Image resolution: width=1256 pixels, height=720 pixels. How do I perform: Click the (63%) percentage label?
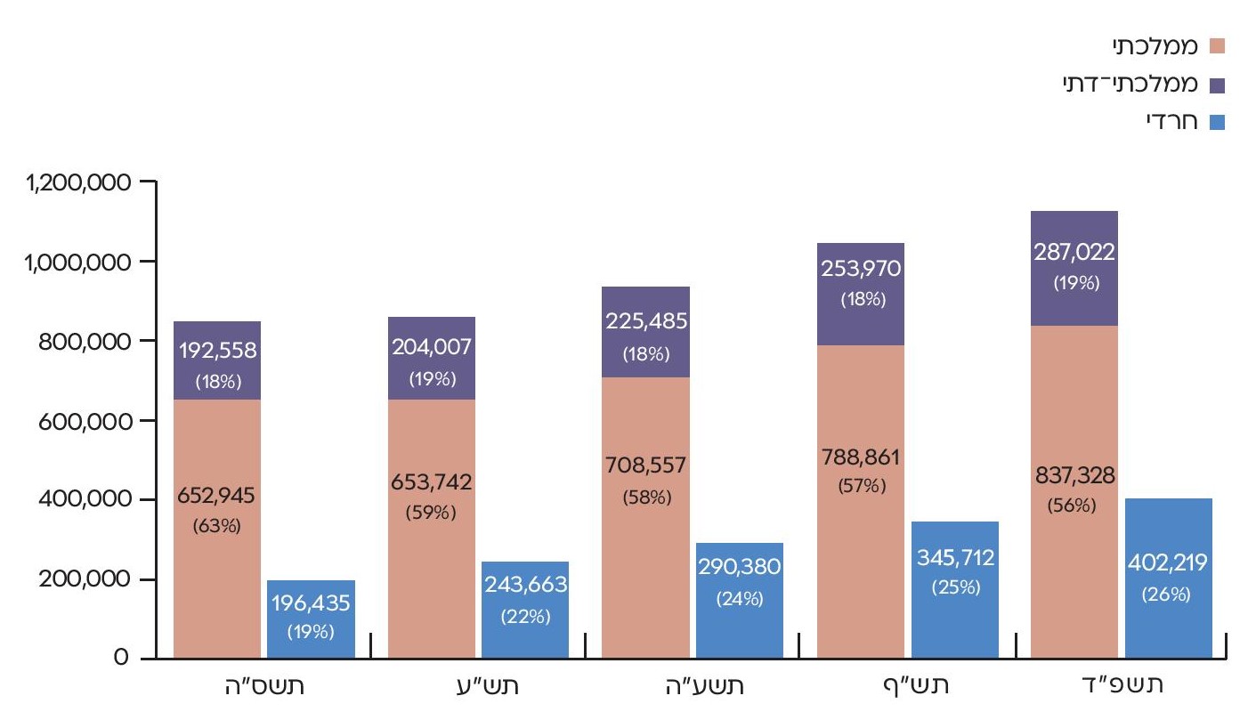click(x=217, y=525)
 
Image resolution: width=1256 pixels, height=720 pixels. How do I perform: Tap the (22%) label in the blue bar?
click(x=524, y=617)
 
